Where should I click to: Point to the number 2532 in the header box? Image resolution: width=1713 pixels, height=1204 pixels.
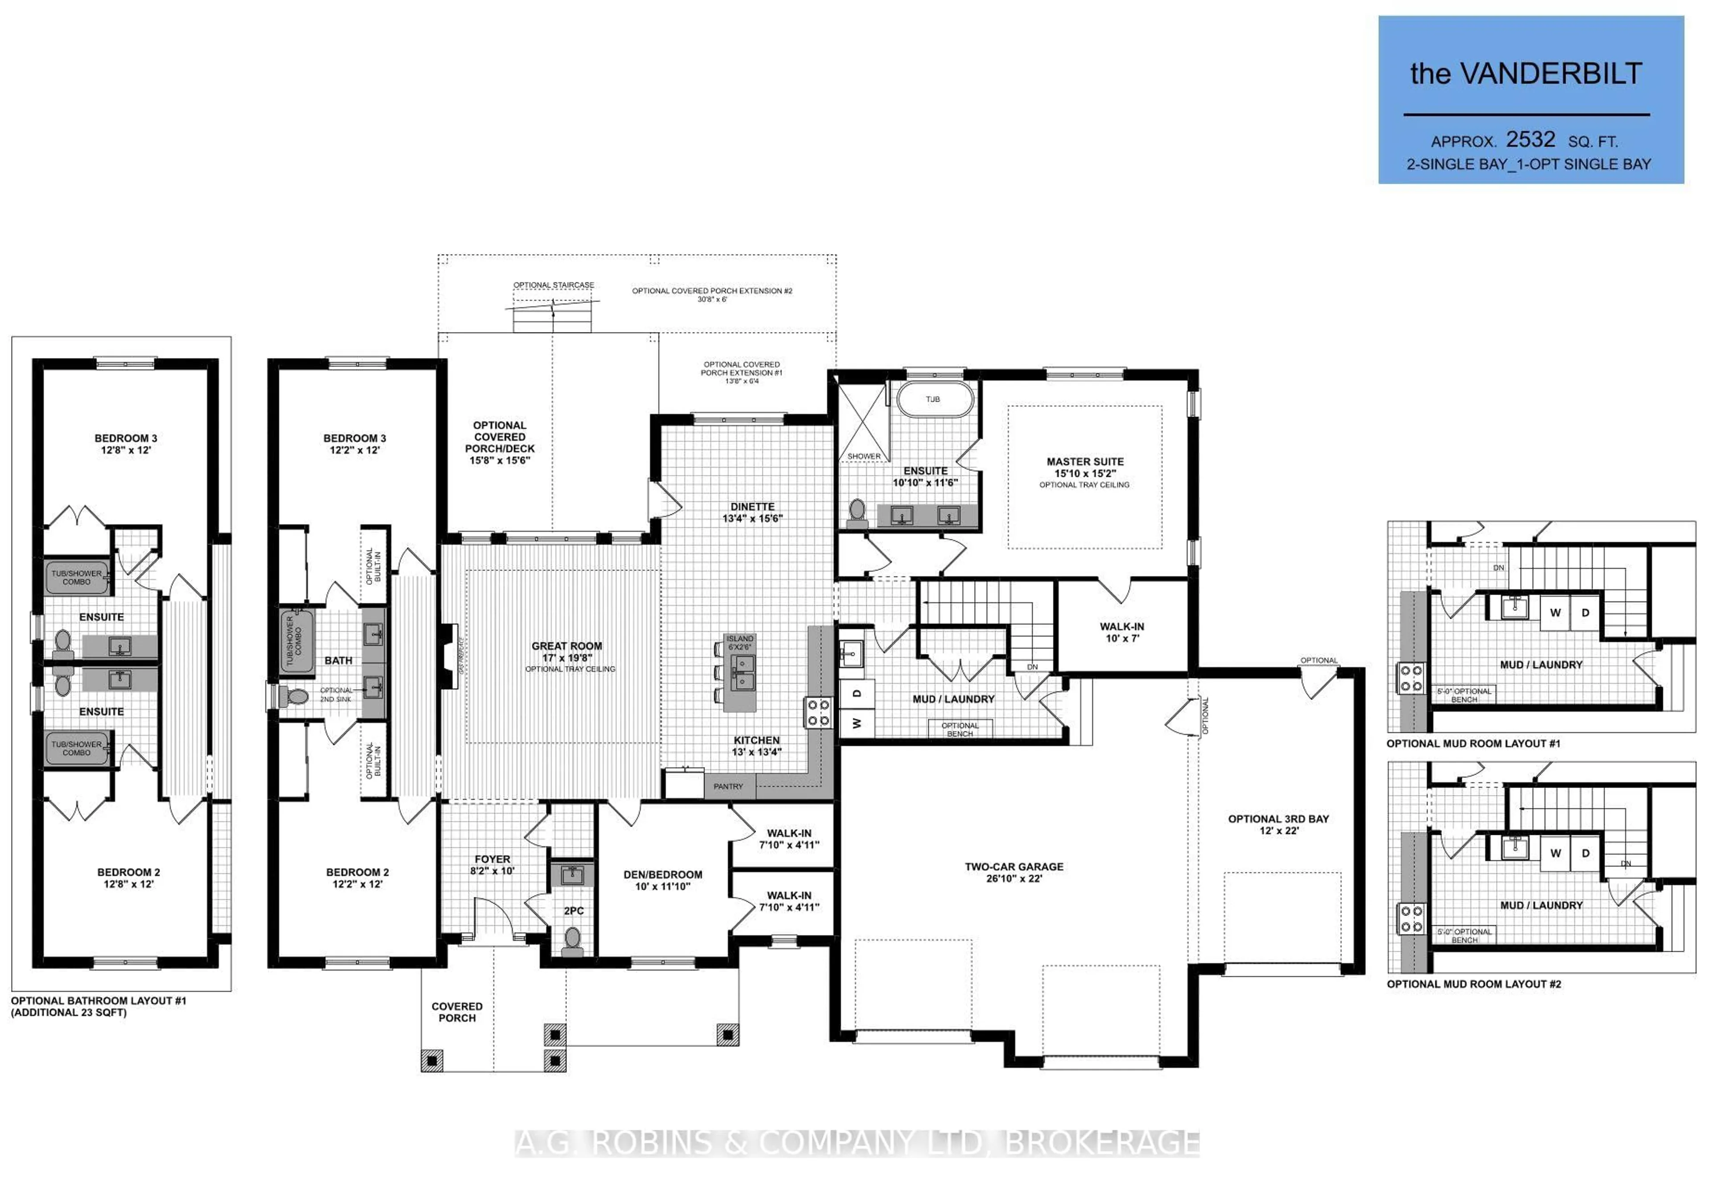tap(1530, 140)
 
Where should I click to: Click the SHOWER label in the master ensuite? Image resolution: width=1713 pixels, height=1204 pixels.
tap(863, 456)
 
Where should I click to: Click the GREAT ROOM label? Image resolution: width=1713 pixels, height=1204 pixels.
tap(566, 646)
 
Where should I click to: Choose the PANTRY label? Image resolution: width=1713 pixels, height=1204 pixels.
tap(728, 787)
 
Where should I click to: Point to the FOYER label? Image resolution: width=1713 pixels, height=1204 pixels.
tap(492, 859)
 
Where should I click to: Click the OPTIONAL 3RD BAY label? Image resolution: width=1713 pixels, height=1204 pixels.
tap(1278, 819)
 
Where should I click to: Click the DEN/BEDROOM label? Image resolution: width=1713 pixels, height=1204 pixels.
tap(662, 875)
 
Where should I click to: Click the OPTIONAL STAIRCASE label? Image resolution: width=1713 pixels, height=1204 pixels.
tap(554, 285)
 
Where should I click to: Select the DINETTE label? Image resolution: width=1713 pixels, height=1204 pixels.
tap(752, 507)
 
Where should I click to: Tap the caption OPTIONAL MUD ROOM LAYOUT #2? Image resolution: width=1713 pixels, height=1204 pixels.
tap(1473, 984)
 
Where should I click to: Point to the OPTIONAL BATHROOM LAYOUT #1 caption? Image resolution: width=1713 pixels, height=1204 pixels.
tap(99, 1001)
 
